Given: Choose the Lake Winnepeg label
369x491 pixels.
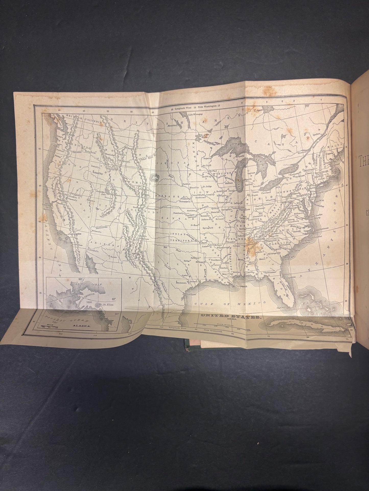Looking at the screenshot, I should tap(195, 115).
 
